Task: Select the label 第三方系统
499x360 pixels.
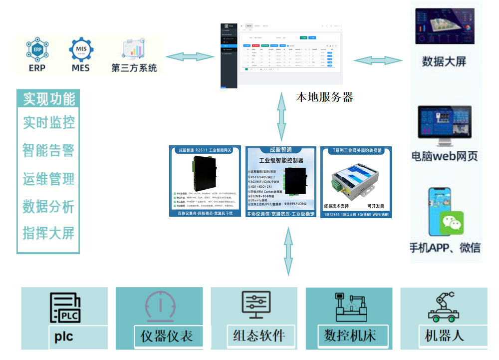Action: coord(134,67)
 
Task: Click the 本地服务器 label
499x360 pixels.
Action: coord(324,97)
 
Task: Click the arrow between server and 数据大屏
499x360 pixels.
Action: coord(378,60)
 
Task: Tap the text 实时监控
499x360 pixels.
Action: coord(49,122)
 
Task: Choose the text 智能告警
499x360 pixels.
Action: coord(48,150)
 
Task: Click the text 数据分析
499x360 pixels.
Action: coord(48,206)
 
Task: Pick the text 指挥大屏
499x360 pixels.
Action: coord(48,233)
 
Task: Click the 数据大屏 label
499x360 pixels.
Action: coord(444,61)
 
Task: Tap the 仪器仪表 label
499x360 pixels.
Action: coord(167,336)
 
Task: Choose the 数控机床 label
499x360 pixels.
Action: coord(350,335)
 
